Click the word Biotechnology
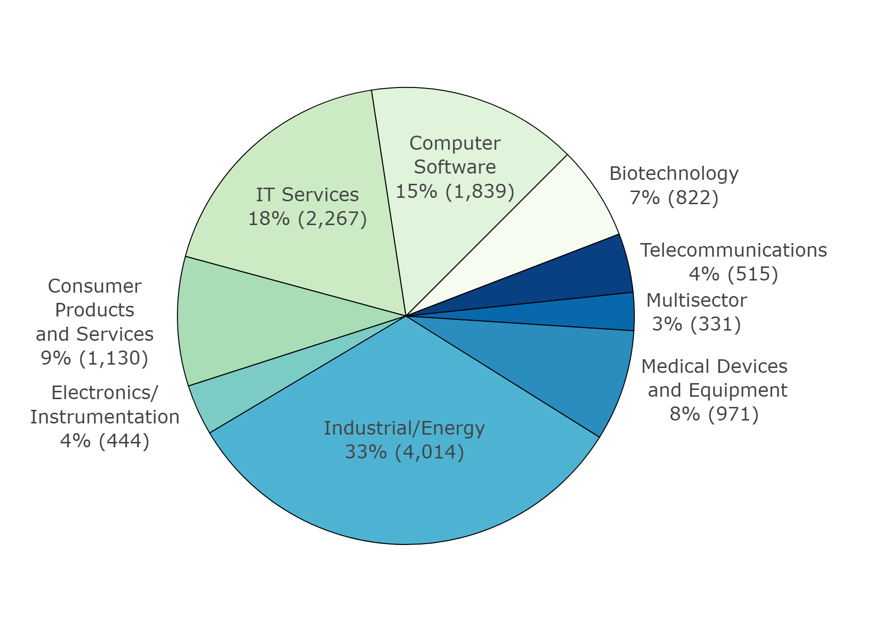tap(674, 174)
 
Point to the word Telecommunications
tap(733, 250)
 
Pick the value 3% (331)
tap(696, 324)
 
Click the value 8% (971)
tap(714, 414)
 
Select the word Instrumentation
tap(105, 417)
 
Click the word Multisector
tap(696, 300)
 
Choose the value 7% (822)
tap(674, 198)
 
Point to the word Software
tap(455, 167)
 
